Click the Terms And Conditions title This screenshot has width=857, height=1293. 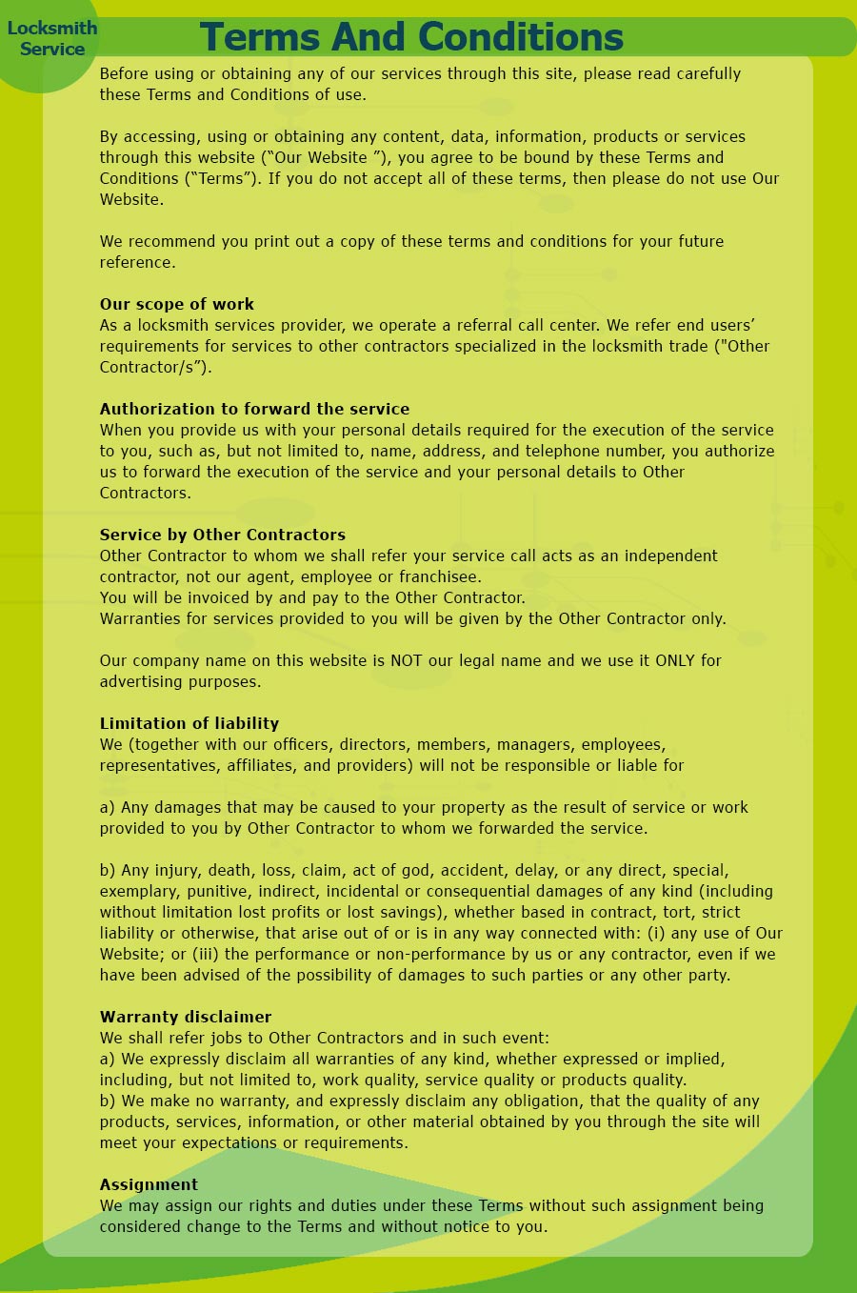411,37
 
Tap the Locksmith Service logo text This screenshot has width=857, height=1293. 52,38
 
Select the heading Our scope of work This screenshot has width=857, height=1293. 177,304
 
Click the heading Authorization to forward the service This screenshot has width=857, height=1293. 254,409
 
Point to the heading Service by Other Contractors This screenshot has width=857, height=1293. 223,535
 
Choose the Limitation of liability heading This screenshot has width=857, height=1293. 189,723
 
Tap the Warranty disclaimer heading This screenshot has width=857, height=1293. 186,1017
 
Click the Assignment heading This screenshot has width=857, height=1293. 149,1184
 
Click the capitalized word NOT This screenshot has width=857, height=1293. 407,660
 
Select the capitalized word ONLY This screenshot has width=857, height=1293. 675,660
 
